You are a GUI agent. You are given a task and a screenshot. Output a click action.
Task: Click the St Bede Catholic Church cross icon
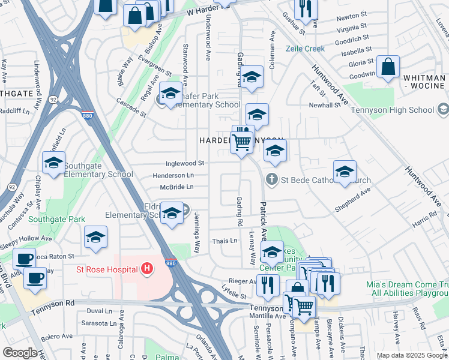coord(271,179)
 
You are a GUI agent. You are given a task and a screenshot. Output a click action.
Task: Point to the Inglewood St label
coord(185,163)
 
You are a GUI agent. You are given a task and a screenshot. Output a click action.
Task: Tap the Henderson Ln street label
coord(173,175)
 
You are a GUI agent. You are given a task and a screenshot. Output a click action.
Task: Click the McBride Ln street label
coord(176,187)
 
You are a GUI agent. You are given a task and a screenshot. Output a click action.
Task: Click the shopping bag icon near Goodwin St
coord(388,68)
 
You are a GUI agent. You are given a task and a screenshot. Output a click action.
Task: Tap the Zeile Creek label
coord(305,49)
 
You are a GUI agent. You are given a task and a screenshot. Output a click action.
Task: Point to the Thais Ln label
coord(224,241)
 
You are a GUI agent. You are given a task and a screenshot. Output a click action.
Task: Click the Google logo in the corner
coord(20,353)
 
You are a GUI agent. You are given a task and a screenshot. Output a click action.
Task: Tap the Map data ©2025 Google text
coord(411,355)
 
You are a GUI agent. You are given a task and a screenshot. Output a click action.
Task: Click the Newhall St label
coord(325,105)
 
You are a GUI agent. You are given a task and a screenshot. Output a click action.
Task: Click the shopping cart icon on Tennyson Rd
coord(304,307)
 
